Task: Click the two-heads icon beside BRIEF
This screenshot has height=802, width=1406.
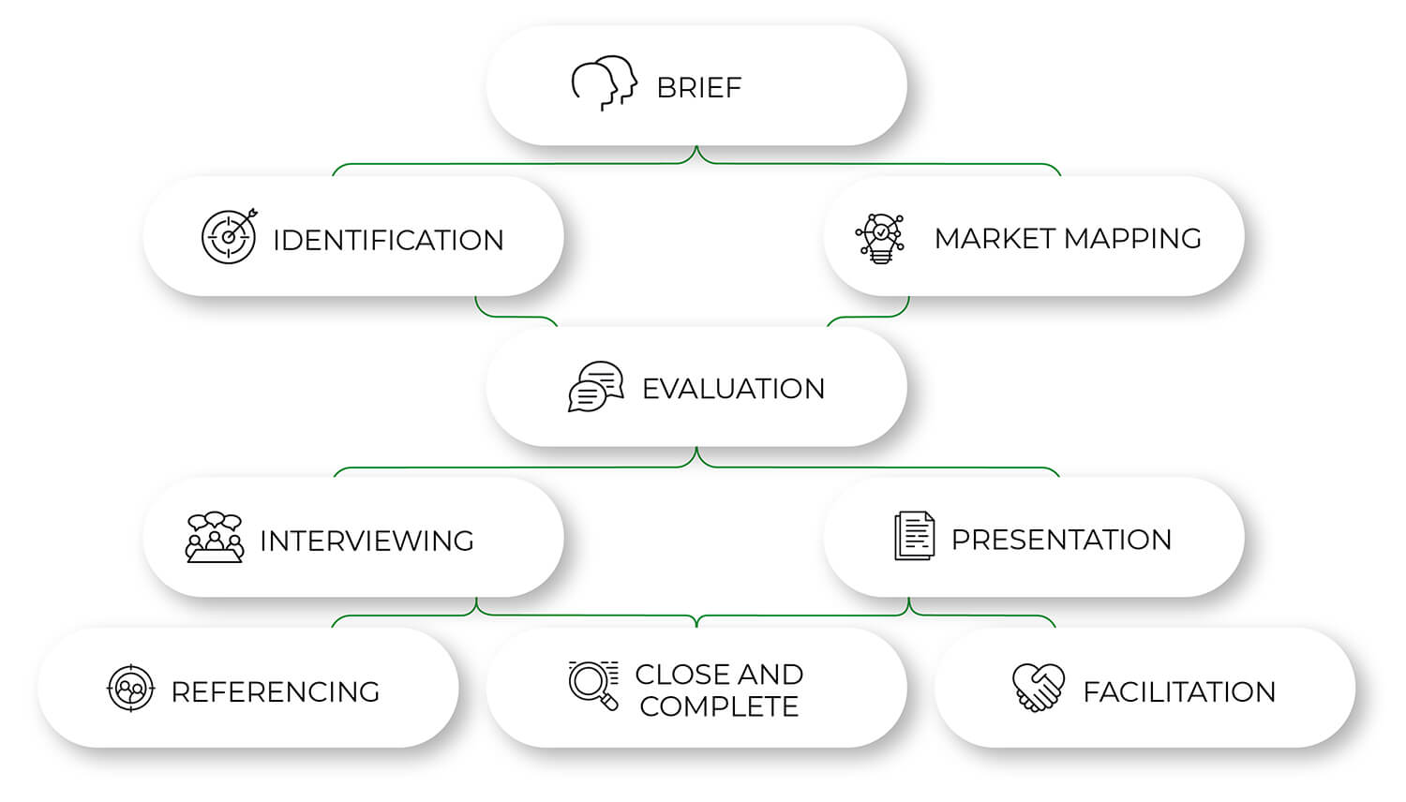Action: [x=605, y=83]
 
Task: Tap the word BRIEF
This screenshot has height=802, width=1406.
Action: [x=698, y=88]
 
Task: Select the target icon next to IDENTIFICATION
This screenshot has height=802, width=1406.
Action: [x=229, y=237]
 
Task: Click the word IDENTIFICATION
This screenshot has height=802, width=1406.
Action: [x=388, y=241]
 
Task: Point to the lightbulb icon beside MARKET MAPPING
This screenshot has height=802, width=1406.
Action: [x=880, y=238]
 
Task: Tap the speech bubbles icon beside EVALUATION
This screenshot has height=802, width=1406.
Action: [x=595, y=386]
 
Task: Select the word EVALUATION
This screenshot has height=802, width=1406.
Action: [x=733, y=389]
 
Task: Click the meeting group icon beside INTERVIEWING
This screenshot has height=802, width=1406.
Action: [x=215, y=538]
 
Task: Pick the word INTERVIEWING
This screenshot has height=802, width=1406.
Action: [x=366, y=542]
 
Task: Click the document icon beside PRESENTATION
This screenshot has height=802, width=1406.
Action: [x=914, y=536]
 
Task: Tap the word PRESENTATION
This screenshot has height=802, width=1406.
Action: [x=1061, y=540]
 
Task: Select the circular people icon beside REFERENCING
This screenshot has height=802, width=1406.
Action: [x=131, y=689]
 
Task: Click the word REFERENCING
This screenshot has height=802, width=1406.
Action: [x=275, y=692]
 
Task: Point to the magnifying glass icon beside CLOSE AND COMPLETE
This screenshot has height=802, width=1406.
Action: [x=593, y=685]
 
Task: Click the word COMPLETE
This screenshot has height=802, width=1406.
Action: [x=719, y=706]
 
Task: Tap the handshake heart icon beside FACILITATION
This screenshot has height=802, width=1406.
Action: [x=1039, y=688]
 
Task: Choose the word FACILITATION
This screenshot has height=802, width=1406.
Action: [x=1179, y=692]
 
